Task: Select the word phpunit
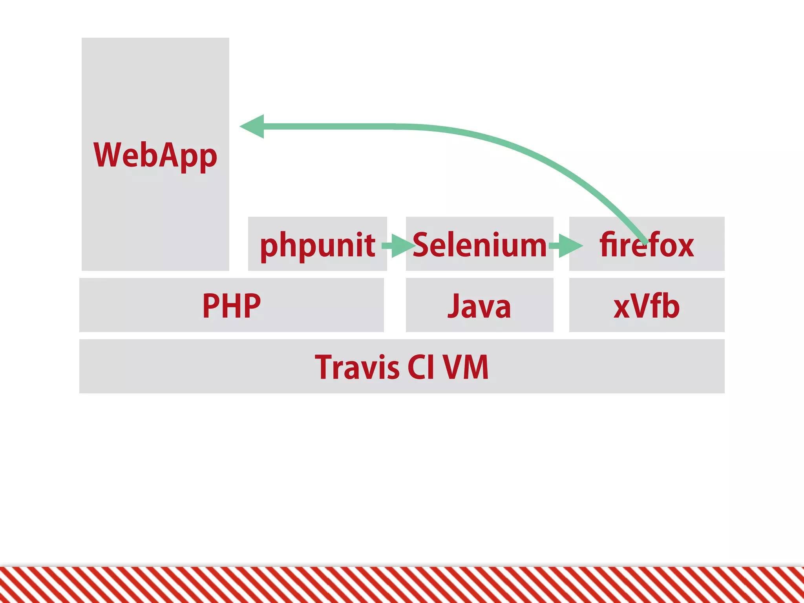tap(317, 245)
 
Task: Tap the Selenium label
tap(479, 245)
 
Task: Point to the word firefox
tap(647, 245)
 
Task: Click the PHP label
tap(231, 306)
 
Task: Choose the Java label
tap(479, 306)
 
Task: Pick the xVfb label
tap(646, 306)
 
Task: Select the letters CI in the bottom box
tap(420, 367)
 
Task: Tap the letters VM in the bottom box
tap(466, 367)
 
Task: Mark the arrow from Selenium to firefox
tap(566, 246)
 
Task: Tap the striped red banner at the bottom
tap(402, 585)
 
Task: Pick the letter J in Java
tap(454, 306)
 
